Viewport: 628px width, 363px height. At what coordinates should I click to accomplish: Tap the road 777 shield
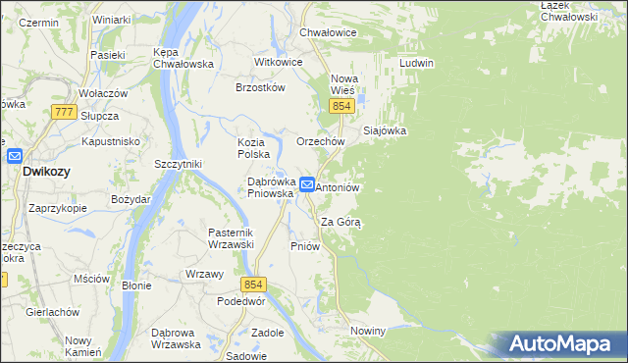[65, 113]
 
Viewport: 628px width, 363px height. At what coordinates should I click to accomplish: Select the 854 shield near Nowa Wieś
[341, 106]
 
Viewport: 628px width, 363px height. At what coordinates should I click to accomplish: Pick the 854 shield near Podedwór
[254, 285]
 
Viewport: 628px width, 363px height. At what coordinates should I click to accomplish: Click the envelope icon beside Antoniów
[307, 183]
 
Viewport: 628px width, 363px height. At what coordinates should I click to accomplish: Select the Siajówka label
[385, 130]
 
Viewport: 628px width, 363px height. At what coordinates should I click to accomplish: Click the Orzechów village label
[320, 141]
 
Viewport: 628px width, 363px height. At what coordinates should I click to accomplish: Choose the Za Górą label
[341, 222]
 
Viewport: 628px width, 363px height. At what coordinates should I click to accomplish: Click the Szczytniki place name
[178, 164]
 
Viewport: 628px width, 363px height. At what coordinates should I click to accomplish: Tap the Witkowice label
[279, 61]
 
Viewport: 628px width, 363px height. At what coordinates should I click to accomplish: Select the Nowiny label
[367, 332]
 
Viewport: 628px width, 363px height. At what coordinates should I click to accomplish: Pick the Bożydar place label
[131, 199]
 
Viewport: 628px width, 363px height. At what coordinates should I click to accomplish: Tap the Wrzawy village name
[204, 274]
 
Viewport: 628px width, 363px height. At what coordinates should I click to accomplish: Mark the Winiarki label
[111, 20]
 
